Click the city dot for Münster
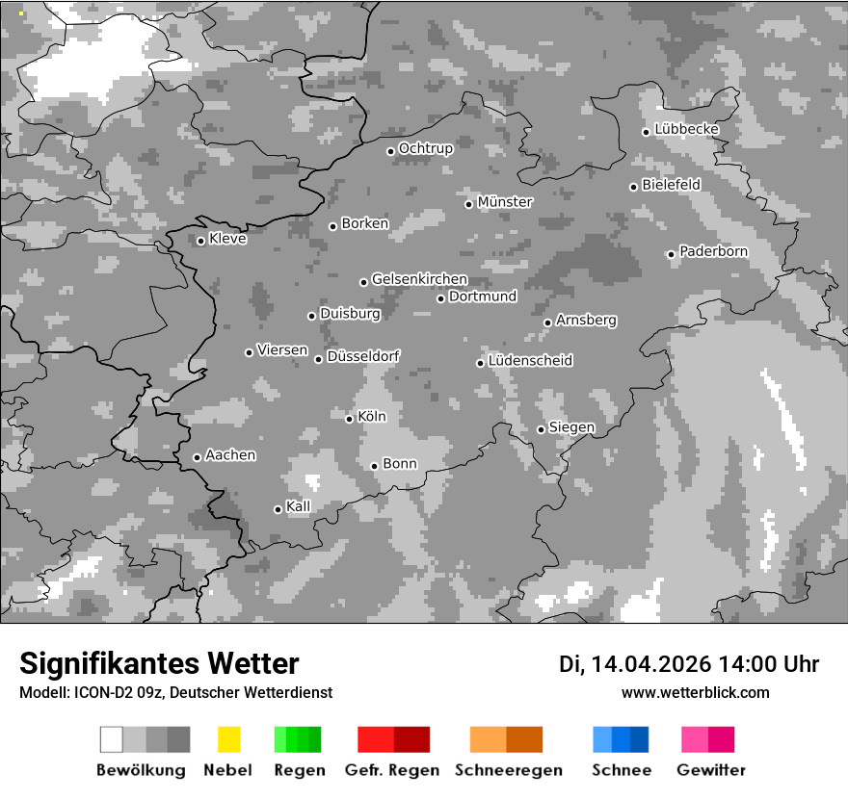tap(469, 204)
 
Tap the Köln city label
tap(371, 418)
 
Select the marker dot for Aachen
tap(197, 457)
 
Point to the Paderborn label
tap(713, 252)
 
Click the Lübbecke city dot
tap(647, 132)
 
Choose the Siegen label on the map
tap(571, 427)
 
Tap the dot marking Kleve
tap(200, 241)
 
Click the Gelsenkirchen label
tap(419, 280)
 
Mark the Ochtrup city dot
tap(390, 151)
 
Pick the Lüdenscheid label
tap(530, 361)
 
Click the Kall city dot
tap(278, 509)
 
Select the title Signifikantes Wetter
tap(159, 664)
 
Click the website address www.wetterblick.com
tap(695, 692)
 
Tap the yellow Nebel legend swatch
tap(228, 739)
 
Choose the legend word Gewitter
tap(711, 770)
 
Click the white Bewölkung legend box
tap(112, 739)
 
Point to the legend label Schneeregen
tap(509, 770)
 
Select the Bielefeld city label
tap(671, 184)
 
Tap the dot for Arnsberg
tap(547, 322)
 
